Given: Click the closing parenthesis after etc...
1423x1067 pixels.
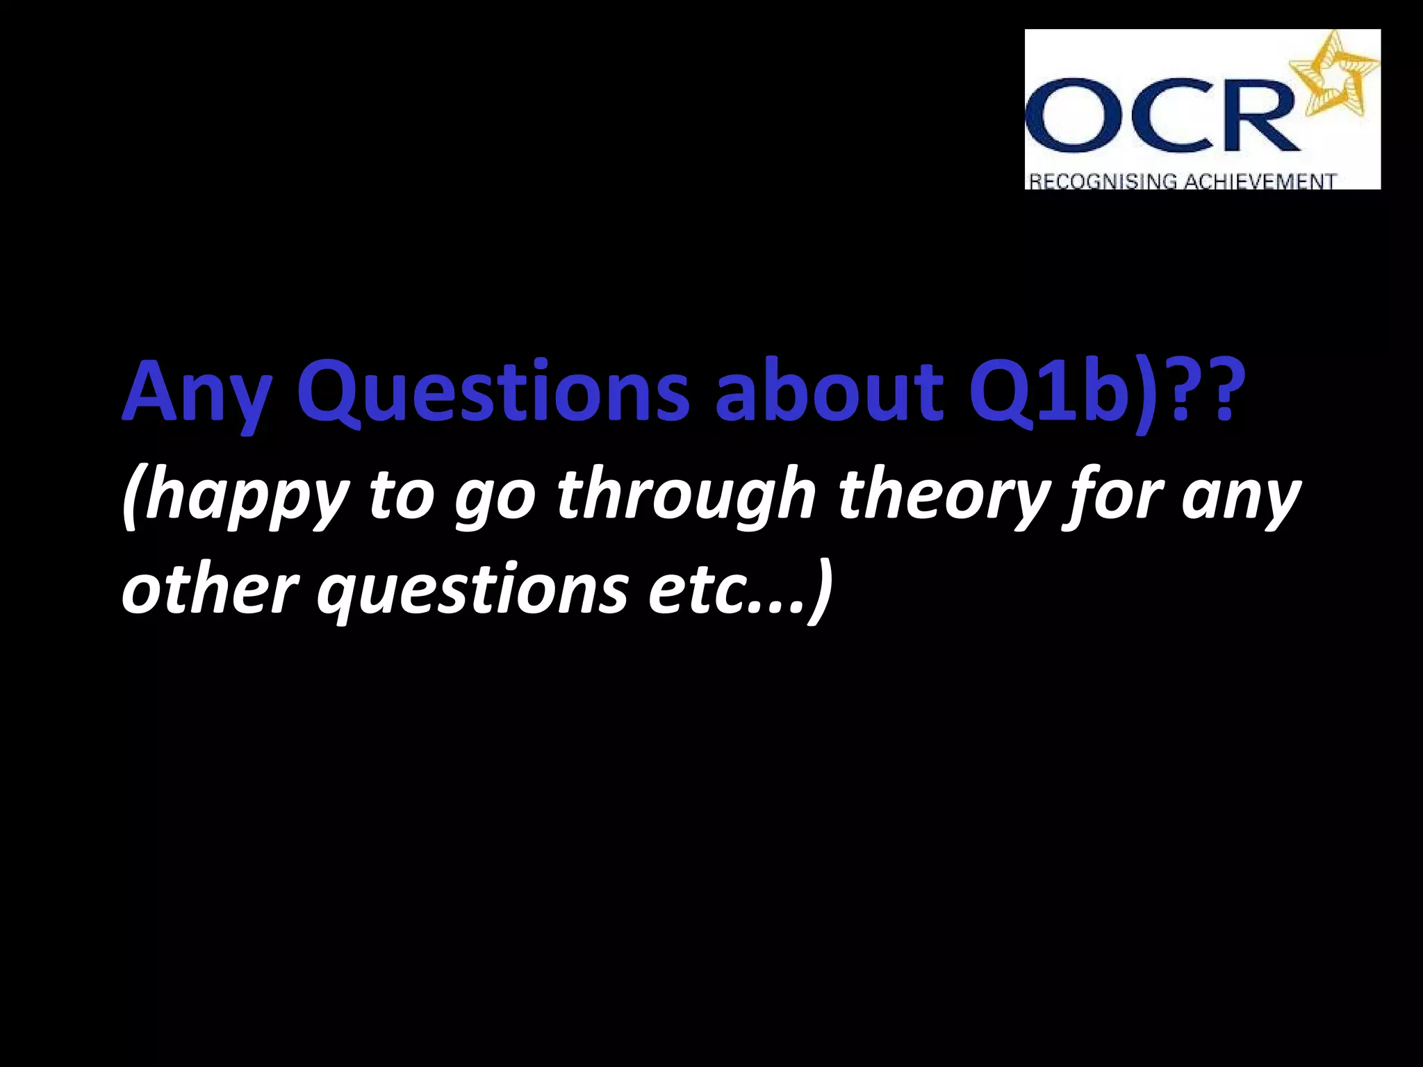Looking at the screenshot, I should (820, 590).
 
